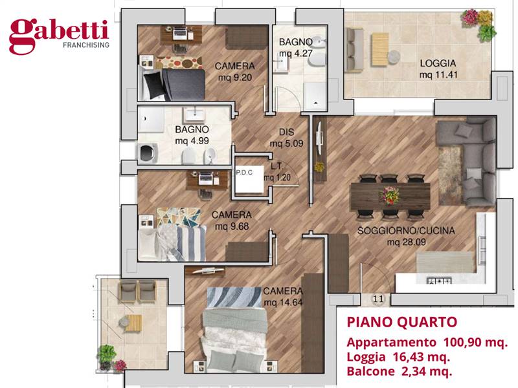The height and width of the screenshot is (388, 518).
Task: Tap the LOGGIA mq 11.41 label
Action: (438, 69)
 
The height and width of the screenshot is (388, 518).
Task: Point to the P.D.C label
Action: (245, 173)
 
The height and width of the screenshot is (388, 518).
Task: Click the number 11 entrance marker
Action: (379, 299)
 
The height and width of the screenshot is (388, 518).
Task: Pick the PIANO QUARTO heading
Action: (402, 322)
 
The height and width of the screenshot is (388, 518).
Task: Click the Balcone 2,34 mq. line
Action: (399, 371)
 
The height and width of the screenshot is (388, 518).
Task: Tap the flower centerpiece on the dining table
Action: (390, 193)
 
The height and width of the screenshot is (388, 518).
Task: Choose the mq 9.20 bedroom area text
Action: (234, 78)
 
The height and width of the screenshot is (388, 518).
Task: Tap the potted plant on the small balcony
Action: (107, 355)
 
